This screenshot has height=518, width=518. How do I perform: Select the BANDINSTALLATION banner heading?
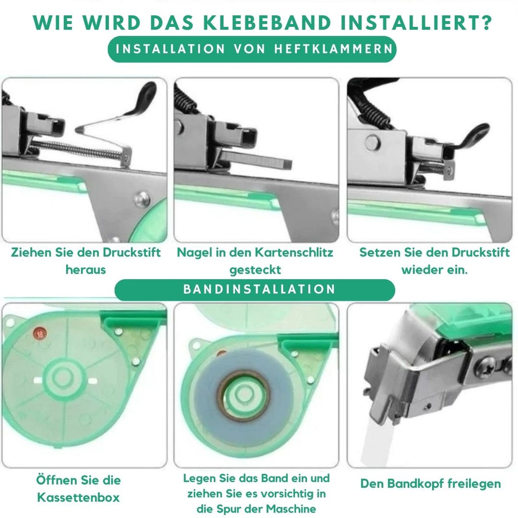[260, 289]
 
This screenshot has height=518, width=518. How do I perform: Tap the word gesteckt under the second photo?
[255, 270]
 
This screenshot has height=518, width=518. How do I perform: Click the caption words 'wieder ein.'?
[435, 270]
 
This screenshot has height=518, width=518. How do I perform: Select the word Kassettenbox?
[78, 497]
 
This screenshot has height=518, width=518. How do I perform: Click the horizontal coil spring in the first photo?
[76, 149]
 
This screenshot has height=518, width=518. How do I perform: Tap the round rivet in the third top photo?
[373, 143]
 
